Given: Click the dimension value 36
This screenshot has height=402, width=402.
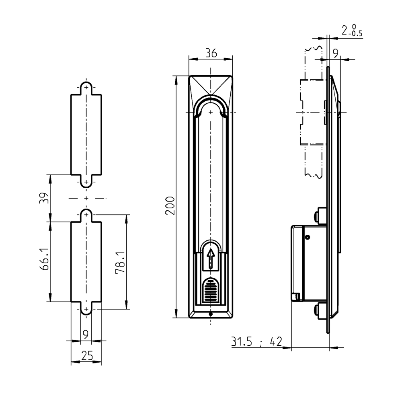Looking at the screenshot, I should pyautogui.click(x=211, y=53).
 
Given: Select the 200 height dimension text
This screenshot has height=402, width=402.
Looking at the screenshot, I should pyautogui.click(x=170, y=205).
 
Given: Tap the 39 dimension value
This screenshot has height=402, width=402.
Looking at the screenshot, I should pyautogui.click(x=44, y=198).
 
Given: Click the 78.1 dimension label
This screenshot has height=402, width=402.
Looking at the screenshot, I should pyautogui.click(x=119, y=263).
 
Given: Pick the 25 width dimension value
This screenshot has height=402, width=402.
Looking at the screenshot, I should pyautogui.click(x=86, y=355).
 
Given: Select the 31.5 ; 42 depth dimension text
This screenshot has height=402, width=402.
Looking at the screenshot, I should pyautogui.click(x=256, y=342).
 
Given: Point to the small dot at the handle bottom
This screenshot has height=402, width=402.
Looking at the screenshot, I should pyautogui.click(x=211, y=314).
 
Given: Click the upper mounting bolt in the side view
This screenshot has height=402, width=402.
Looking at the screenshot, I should pyautogui.click(x=321, y=215).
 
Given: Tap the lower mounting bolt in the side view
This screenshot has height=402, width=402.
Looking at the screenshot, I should pyautogui.click(x=321, y=311).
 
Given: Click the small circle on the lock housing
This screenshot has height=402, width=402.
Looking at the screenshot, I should pyautogui.click(x=308, y=237).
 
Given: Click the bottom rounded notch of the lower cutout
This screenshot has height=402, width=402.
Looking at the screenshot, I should pyautogui.click(x=86, y=309).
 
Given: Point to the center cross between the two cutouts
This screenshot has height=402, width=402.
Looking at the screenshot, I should pyautogui.click(x=86, y=198).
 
